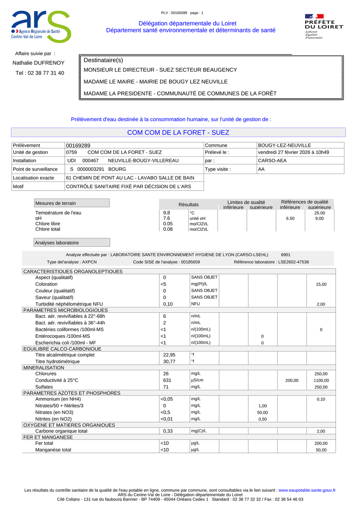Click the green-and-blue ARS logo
(x=41, y=26)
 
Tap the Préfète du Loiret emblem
(x=324, y=26)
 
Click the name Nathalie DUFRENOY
(x=38, y=63)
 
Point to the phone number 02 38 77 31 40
(x=40, y=73)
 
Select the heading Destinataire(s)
(x=103, y=60)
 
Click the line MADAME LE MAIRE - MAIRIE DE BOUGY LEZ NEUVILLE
(x=156, y=82)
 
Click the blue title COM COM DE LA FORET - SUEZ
(x=178, y=133)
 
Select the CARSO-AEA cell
(x=272, y=161)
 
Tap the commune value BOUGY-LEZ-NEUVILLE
(x=284, y=146)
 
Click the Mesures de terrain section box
(x=72, y=203)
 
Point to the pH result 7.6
(x=167, y=219)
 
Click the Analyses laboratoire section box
(x=72, y=243)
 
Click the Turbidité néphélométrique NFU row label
(x=69, y=304)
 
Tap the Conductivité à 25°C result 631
(x=167, y=380)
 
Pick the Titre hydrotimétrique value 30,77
(x=169, y=361)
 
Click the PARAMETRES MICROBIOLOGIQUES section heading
(x=66, y=310)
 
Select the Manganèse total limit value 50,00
(x=321, y=450)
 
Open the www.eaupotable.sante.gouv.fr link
(x=307, y=490)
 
